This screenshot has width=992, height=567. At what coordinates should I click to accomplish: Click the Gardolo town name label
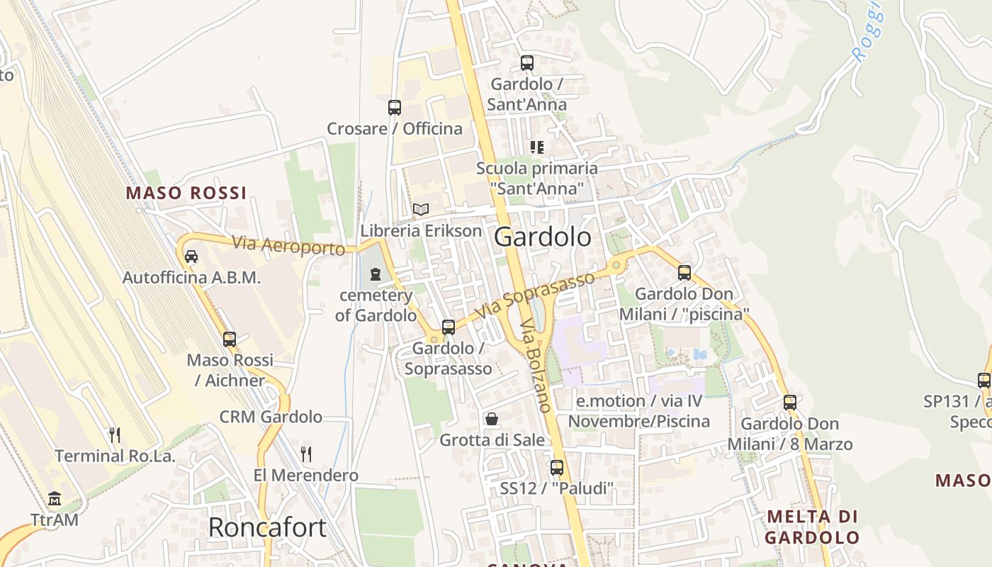(x=542, y=237)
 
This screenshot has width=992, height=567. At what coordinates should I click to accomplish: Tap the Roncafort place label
(x=267, y=527)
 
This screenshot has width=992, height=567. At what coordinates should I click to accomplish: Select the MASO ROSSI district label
(x=186, y=193)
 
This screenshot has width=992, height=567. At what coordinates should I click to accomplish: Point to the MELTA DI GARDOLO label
(x=813, y=526)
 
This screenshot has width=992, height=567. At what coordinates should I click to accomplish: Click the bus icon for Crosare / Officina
(x=395, y=108)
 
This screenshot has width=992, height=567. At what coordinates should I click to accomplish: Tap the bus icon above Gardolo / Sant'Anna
(x=526, y=62)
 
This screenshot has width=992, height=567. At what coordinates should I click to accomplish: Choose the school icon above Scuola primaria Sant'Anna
(x=537, y=147)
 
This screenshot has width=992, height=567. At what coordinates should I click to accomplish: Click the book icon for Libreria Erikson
(x=421, y=209)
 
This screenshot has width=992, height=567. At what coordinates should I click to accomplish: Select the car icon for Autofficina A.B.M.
(x=191, y=256)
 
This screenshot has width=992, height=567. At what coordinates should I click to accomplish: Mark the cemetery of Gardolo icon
(x=376, y=274)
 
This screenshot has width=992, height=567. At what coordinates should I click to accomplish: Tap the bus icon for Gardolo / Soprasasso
(x=448, y=327)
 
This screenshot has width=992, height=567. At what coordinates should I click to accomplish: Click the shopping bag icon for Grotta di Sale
(x=492, y=419)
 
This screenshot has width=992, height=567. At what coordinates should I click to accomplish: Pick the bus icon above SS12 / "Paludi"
(x=556, y=468)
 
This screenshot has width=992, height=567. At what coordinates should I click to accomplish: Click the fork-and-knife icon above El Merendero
(x=306, y=454)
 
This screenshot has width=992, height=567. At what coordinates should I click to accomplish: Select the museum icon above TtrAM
(x=55, y=499)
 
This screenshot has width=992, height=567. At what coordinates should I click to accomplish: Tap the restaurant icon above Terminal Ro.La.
(x=115, y=434)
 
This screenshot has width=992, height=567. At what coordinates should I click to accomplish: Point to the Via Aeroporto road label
(x=288, y=246)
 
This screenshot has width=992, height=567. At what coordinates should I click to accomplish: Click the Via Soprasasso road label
(x=534, y=295)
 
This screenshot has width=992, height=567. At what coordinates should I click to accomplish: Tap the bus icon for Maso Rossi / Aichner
(x=230, y=339)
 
